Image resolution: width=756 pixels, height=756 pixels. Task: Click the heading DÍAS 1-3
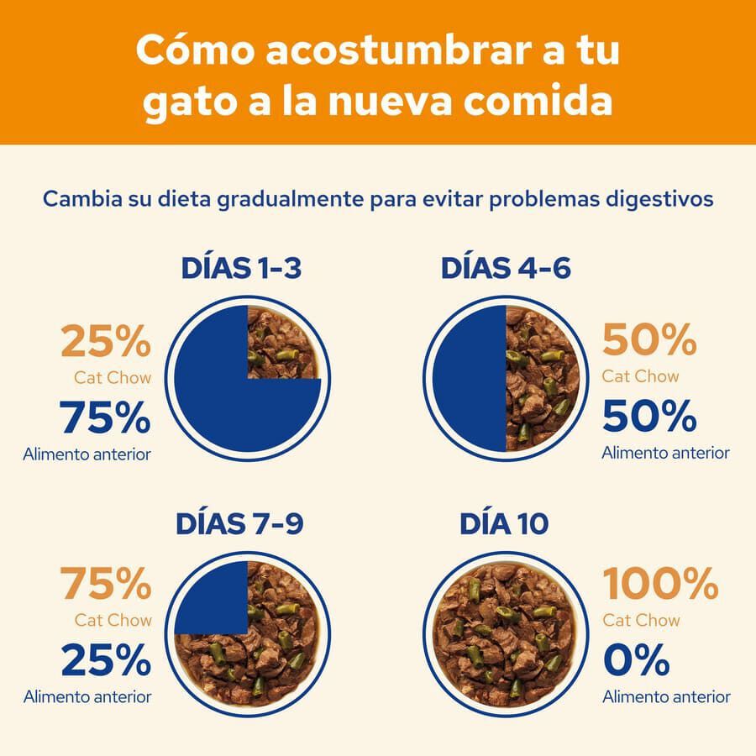(241, 268)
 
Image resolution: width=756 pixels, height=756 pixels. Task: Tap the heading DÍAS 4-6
(506, 268)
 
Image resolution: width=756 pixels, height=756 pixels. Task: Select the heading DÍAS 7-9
(239, 523)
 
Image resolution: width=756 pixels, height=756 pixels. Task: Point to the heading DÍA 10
(504, 523)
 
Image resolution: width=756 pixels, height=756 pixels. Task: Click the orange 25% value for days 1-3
(106, 342)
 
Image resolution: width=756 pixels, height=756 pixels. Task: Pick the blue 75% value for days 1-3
(106, 417)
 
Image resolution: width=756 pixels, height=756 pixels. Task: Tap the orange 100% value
(660, 582)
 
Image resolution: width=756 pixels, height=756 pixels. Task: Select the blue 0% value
(636, 660)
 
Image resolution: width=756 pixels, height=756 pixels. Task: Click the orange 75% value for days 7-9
(106, 582)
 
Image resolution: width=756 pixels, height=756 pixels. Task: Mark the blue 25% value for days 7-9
(106, 660)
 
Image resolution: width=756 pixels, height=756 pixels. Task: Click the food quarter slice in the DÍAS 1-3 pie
(281, 343)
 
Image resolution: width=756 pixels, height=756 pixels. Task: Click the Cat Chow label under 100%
(642, 621)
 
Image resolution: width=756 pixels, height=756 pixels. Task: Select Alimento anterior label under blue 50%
(665, 453)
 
